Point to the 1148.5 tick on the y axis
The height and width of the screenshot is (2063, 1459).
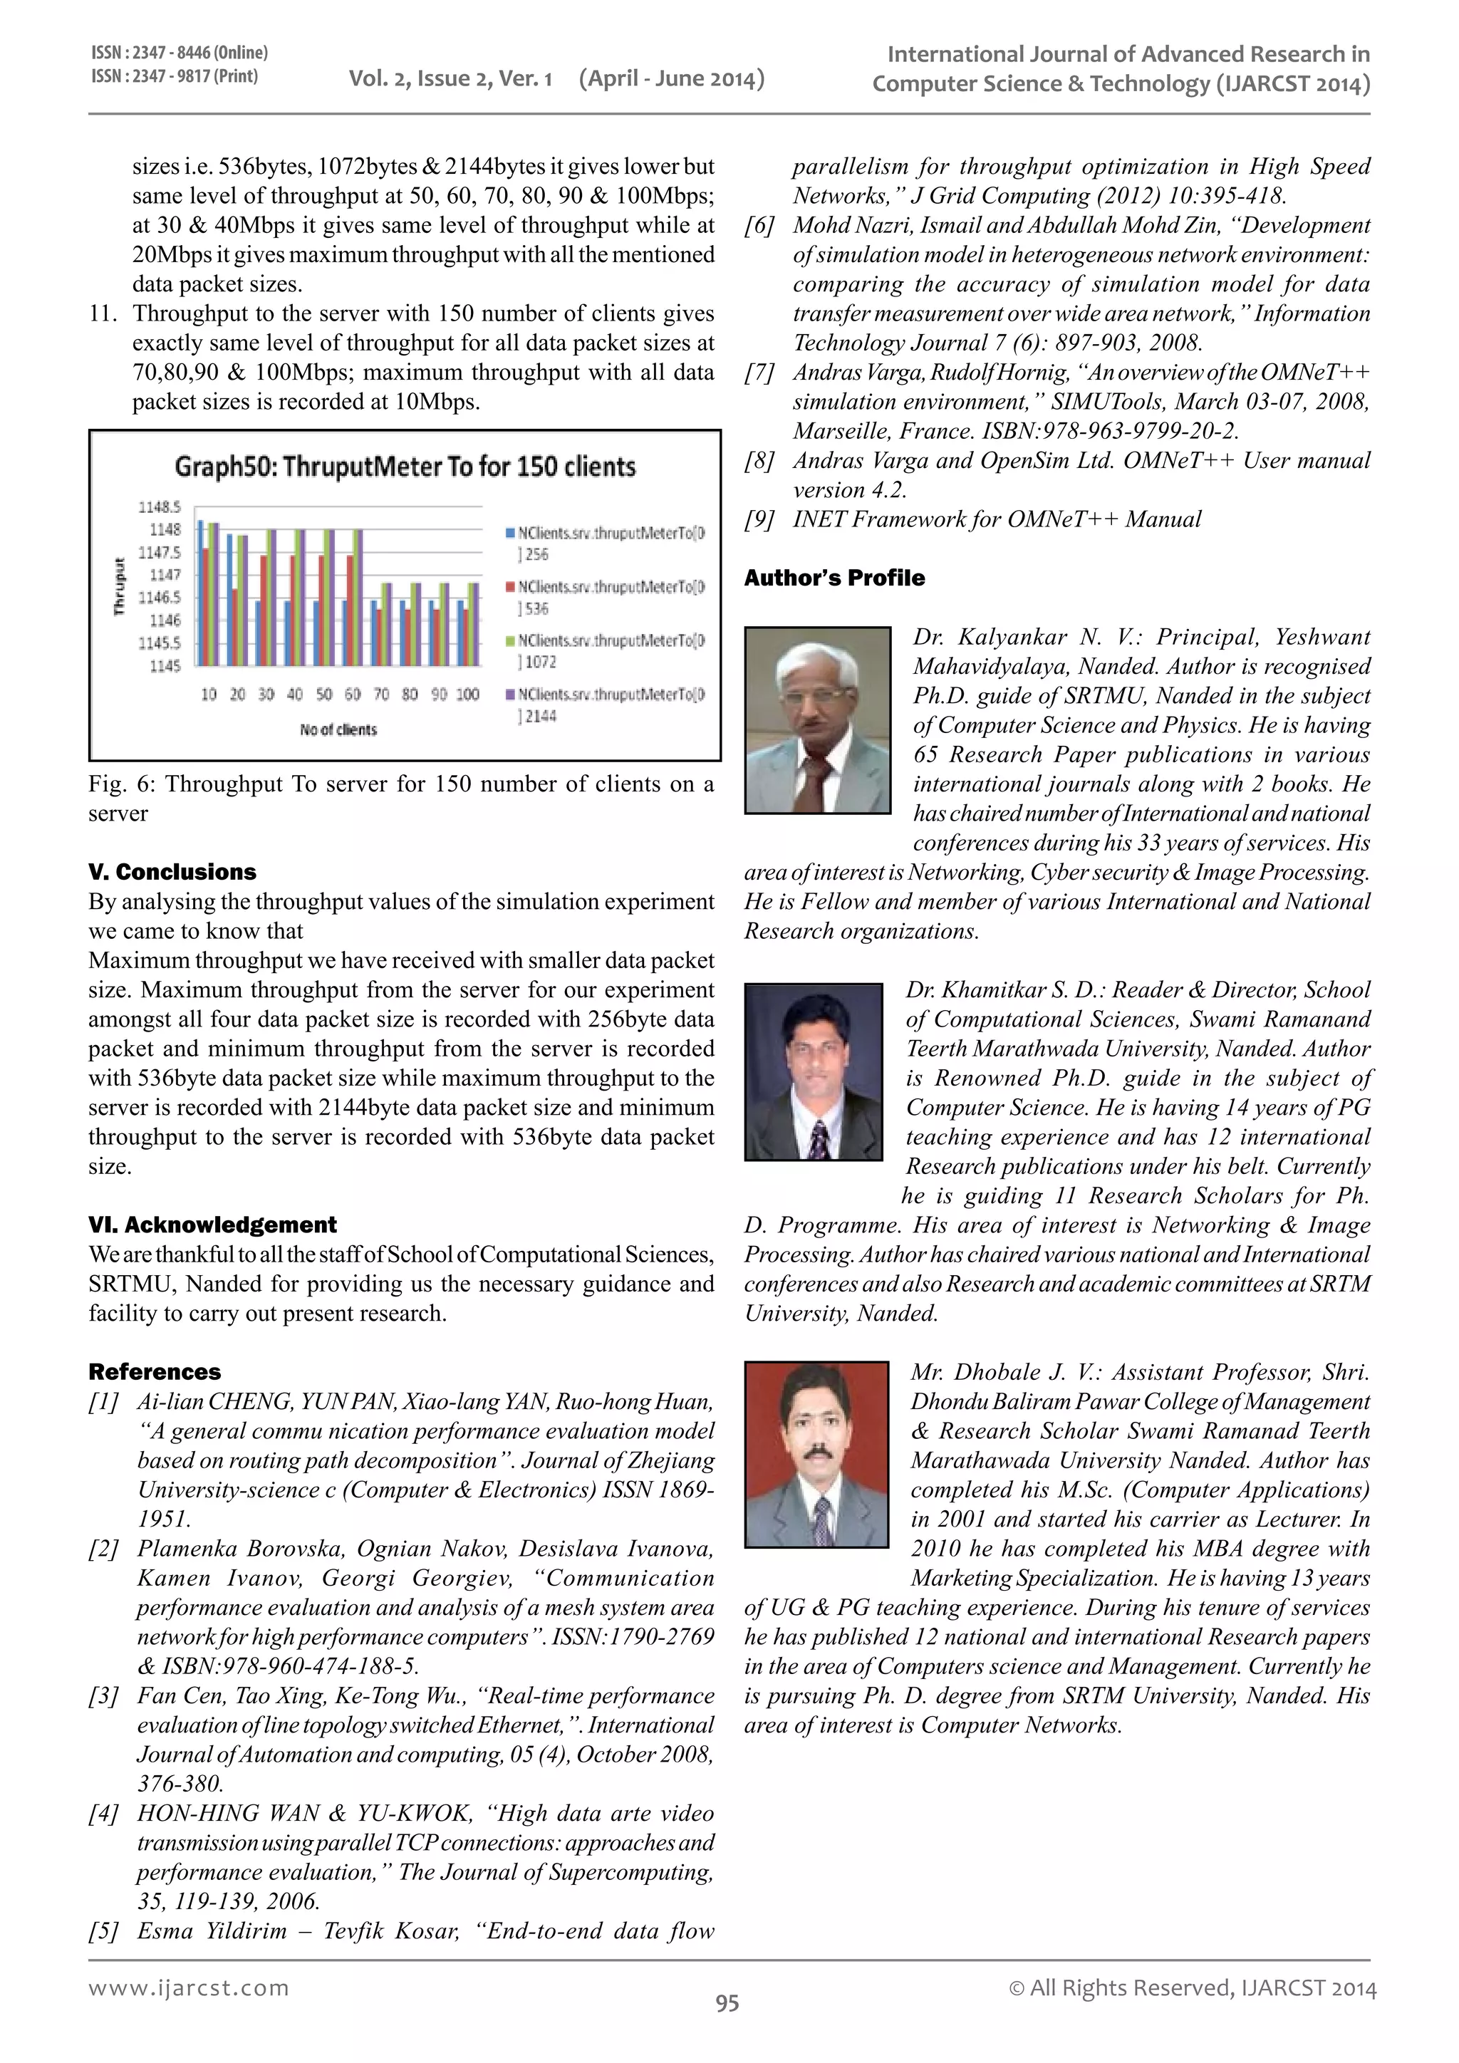coord(159,508)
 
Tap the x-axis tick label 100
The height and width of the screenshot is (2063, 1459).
coord(467,695)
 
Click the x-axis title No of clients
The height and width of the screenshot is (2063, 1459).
coord(338,729)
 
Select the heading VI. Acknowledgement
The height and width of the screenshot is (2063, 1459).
coord(212,1225)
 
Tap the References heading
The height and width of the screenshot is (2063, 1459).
coord(154,1371)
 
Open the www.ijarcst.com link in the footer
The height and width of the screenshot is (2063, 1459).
coord(189,1987)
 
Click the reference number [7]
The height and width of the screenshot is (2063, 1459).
coord(759,372)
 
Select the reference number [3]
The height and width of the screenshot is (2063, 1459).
coord(103,1695)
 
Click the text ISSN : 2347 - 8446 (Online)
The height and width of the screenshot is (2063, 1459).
coord(179,53)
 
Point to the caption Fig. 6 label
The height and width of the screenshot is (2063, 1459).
coord(120,784)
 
